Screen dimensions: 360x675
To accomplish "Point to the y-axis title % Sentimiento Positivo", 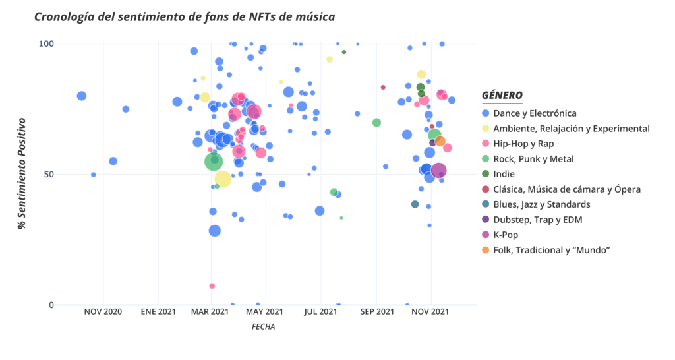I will [x=22, y=173].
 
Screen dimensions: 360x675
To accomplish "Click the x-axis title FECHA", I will [x=263, y=326].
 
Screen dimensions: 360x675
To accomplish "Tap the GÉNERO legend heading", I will [x=502, y=95].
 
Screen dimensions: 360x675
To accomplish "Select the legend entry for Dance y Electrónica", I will [x=535, y=113].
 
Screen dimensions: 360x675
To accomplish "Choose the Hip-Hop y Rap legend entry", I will [x=523, y=144].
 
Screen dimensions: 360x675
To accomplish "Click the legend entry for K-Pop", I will [x=507, y=235].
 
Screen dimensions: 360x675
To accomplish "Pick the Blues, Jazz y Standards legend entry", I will [x=541, y=204].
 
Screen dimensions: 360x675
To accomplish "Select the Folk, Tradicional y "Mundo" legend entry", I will [x=551, y=250].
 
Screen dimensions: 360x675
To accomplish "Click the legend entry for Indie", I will [x=505, y=174].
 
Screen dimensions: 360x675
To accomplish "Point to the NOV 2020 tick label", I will [x=103, y=311].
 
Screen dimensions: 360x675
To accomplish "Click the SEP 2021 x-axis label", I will [x=376, y=311].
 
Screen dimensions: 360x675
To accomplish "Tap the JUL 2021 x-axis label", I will [x=320, y=311].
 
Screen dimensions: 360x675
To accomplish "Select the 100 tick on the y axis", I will [x=44, y=44].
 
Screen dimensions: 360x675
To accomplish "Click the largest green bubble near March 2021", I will [x=214, y=161].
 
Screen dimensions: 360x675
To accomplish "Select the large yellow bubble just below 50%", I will [x=223, y=178].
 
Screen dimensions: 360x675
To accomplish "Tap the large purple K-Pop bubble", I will [x=438, y=171].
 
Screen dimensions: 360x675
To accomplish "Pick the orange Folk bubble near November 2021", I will [x=440, y=141].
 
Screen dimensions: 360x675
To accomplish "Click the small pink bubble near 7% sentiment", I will [x=212, y=286].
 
